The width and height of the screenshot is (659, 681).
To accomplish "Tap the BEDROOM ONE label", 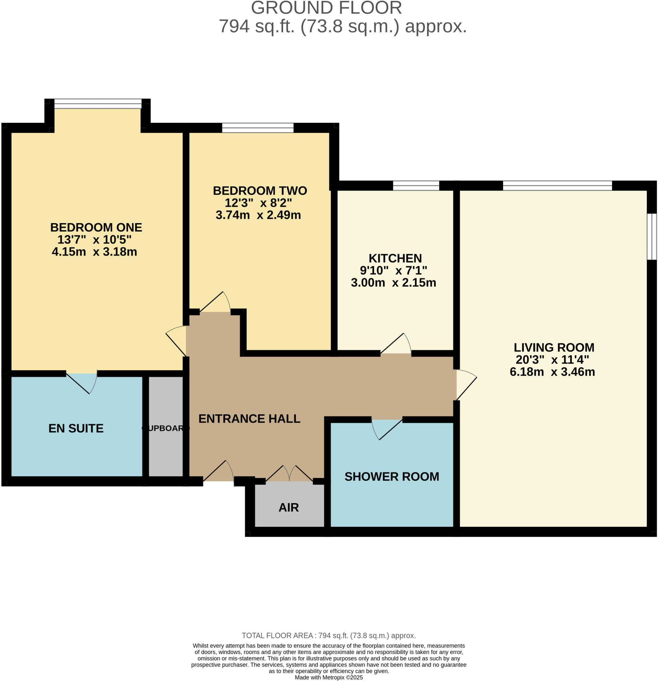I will point(96,227).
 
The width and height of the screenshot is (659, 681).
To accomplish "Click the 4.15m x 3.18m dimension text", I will point(94,252).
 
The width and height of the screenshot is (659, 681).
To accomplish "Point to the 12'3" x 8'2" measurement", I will point(258,203).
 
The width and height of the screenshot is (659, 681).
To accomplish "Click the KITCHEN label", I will point(395,258).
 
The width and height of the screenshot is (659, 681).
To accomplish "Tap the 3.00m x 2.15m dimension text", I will point(394,283).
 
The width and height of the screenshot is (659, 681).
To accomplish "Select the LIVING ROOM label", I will point(554,347).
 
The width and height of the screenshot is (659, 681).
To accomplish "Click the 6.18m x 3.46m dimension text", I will point(552,372).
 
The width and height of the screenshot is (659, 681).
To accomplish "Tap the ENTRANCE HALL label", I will point(249,419).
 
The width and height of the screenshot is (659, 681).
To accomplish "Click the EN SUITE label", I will point(76,428).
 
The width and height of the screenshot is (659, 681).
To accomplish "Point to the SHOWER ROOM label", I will point(392,477).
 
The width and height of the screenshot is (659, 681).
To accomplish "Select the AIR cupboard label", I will point(288,508).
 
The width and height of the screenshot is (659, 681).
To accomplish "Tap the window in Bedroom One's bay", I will point(98,103).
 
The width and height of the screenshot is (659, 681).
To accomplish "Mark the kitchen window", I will point(416,186).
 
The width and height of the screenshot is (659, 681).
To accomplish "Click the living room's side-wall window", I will point(651,237).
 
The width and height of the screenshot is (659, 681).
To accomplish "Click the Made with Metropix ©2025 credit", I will point(328,678).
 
